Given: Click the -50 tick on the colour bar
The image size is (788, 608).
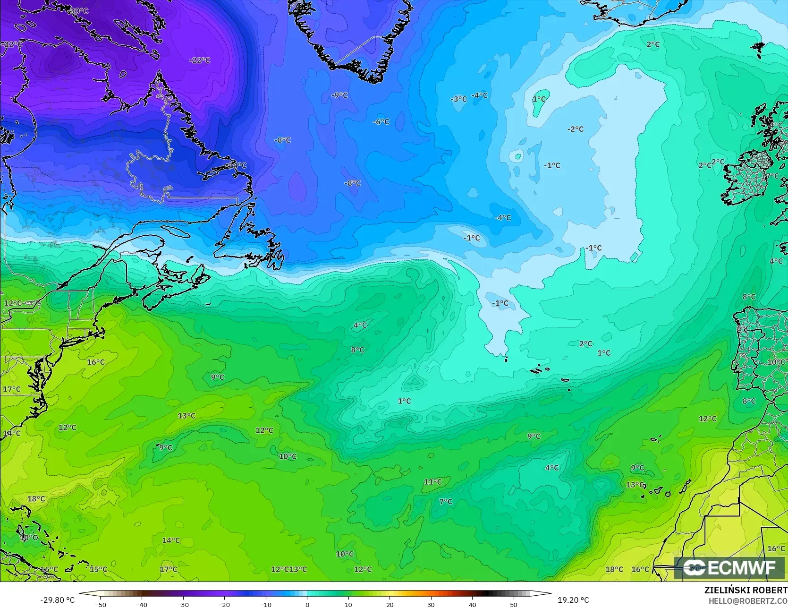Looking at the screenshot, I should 100,604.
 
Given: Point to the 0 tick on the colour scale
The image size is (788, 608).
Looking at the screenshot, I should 307,604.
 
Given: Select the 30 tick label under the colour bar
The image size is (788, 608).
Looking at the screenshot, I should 431,604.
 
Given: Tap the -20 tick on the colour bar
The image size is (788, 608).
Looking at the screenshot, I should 224,604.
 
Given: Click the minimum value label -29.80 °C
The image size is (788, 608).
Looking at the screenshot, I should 57,600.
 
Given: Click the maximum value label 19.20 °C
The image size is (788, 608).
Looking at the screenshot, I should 573,600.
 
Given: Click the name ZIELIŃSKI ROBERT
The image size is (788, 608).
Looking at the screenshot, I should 746,591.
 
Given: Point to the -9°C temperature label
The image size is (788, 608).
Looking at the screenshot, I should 339,95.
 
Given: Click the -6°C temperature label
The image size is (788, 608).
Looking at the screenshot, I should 381,121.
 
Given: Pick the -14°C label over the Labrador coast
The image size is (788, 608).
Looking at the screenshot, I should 237,165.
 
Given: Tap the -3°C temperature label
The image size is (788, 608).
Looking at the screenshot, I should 458,99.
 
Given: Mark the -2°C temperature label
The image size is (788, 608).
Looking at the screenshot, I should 575,129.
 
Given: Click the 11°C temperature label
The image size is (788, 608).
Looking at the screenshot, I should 432,482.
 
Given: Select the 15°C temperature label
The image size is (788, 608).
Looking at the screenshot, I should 98,569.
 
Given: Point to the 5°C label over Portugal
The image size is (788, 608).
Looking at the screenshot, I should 743,328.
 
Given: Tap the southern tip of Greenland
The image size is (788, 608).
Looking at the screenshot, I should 373,80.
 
